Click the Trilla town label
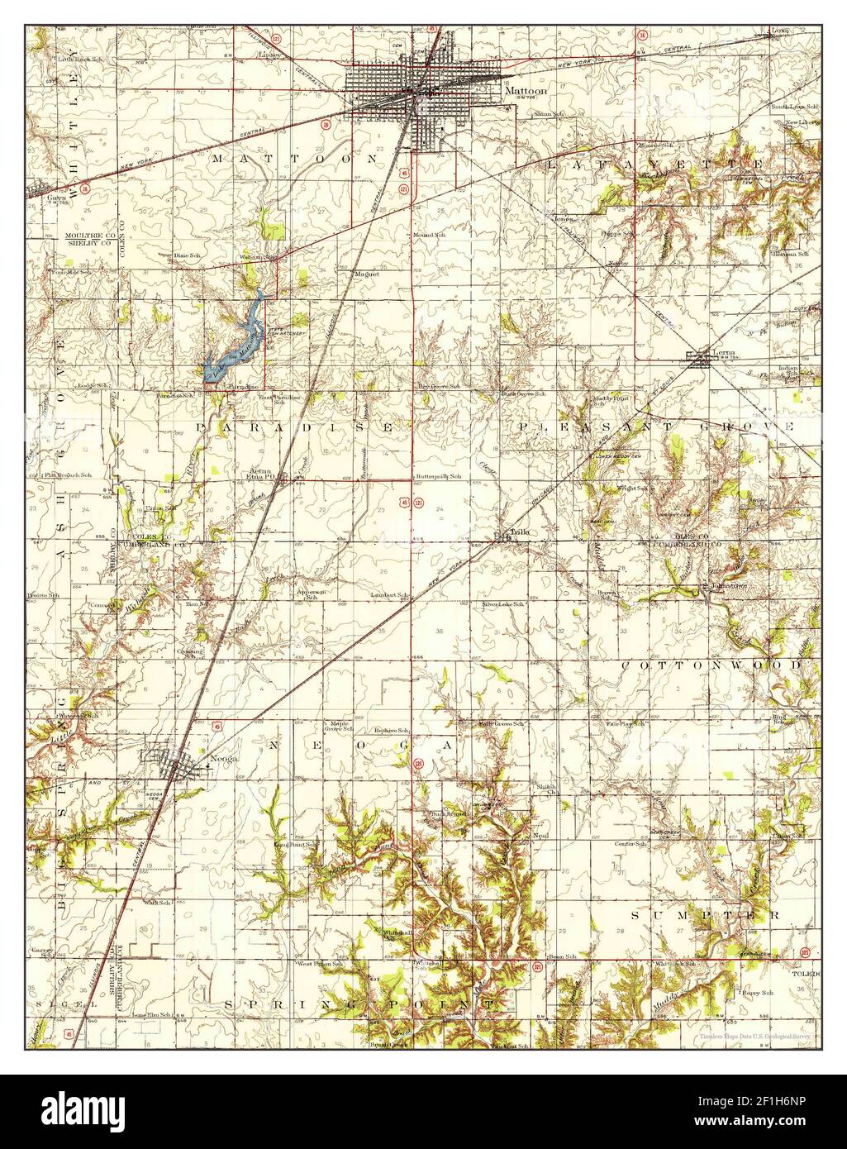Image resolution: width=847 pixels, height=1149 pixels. tap(517, 533)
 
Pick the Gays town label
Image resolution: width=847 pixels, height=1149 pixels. tap(56, 198)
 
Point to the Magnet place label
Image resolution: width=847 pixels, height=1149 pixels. tap(366, 274)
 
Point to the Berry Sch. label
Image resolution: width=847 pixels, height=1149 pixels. tap(756, 992)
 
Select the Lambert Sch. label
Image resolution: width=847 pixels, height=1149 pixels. tap(391, 595)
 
